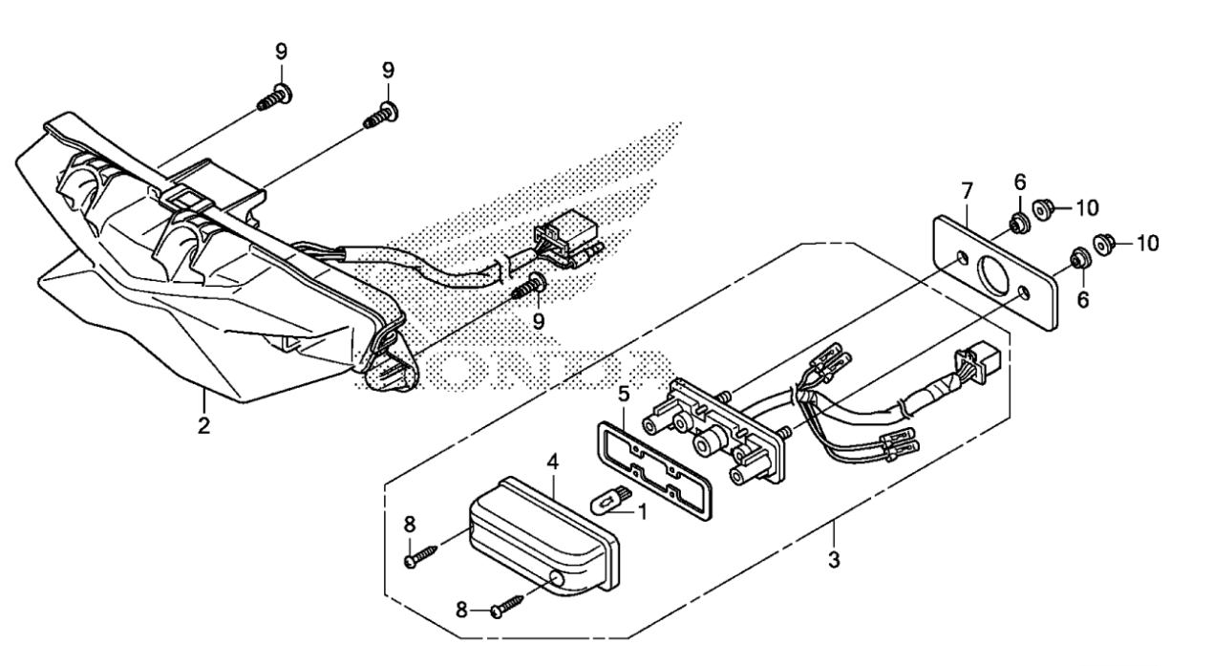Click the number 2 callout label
tap(203, 426)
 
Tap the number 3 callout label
tap(835, 560)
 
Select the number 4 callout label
tap(552, 462)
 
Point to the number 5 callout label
tap(625, 394)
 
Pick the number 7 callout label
tap(968, 191)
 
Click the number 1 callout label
tap(643, 511)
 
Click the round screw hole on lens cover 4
tap(557, 580)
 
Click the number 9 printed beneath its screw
tap(539, 322)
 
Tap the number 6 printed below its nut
tap(1082, 299)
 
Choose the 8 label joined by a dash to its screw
tap(460, 611)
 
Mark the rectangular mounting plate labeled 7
tap(995, 272)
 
